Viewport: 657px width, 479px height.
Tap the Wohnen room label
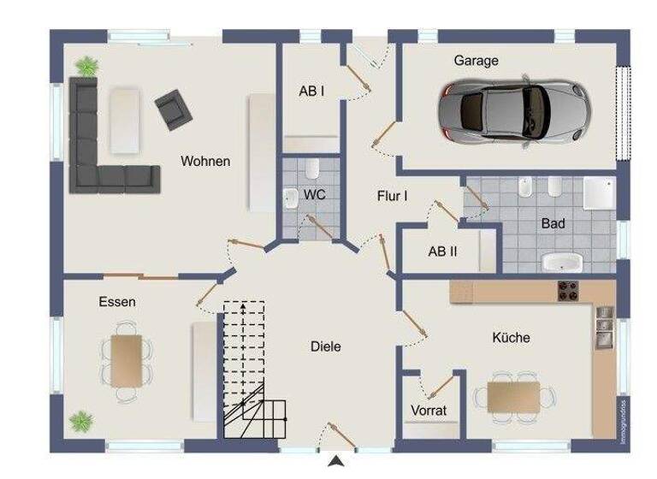(204, 161)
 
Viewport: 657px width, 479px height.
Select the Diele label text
(325, 346)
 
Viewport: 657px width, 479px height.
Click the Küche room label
(511, 338)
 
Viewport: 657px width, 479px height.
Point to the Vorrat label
(428, 410)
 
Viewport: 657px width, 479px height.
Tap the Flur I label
(392, 196)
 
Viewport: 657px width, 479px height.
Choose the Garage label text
(476, 61)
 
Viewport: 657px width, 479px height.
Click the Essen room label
(117, 302)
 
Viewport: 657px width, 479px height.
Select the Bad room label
(553, 224)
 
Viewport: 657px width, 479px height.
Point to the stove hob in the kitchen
(569, 292)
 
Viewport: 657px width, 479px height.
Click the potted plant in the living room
(86, 64)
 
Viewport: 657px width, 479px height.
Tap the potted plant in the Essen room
(82, 421)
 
